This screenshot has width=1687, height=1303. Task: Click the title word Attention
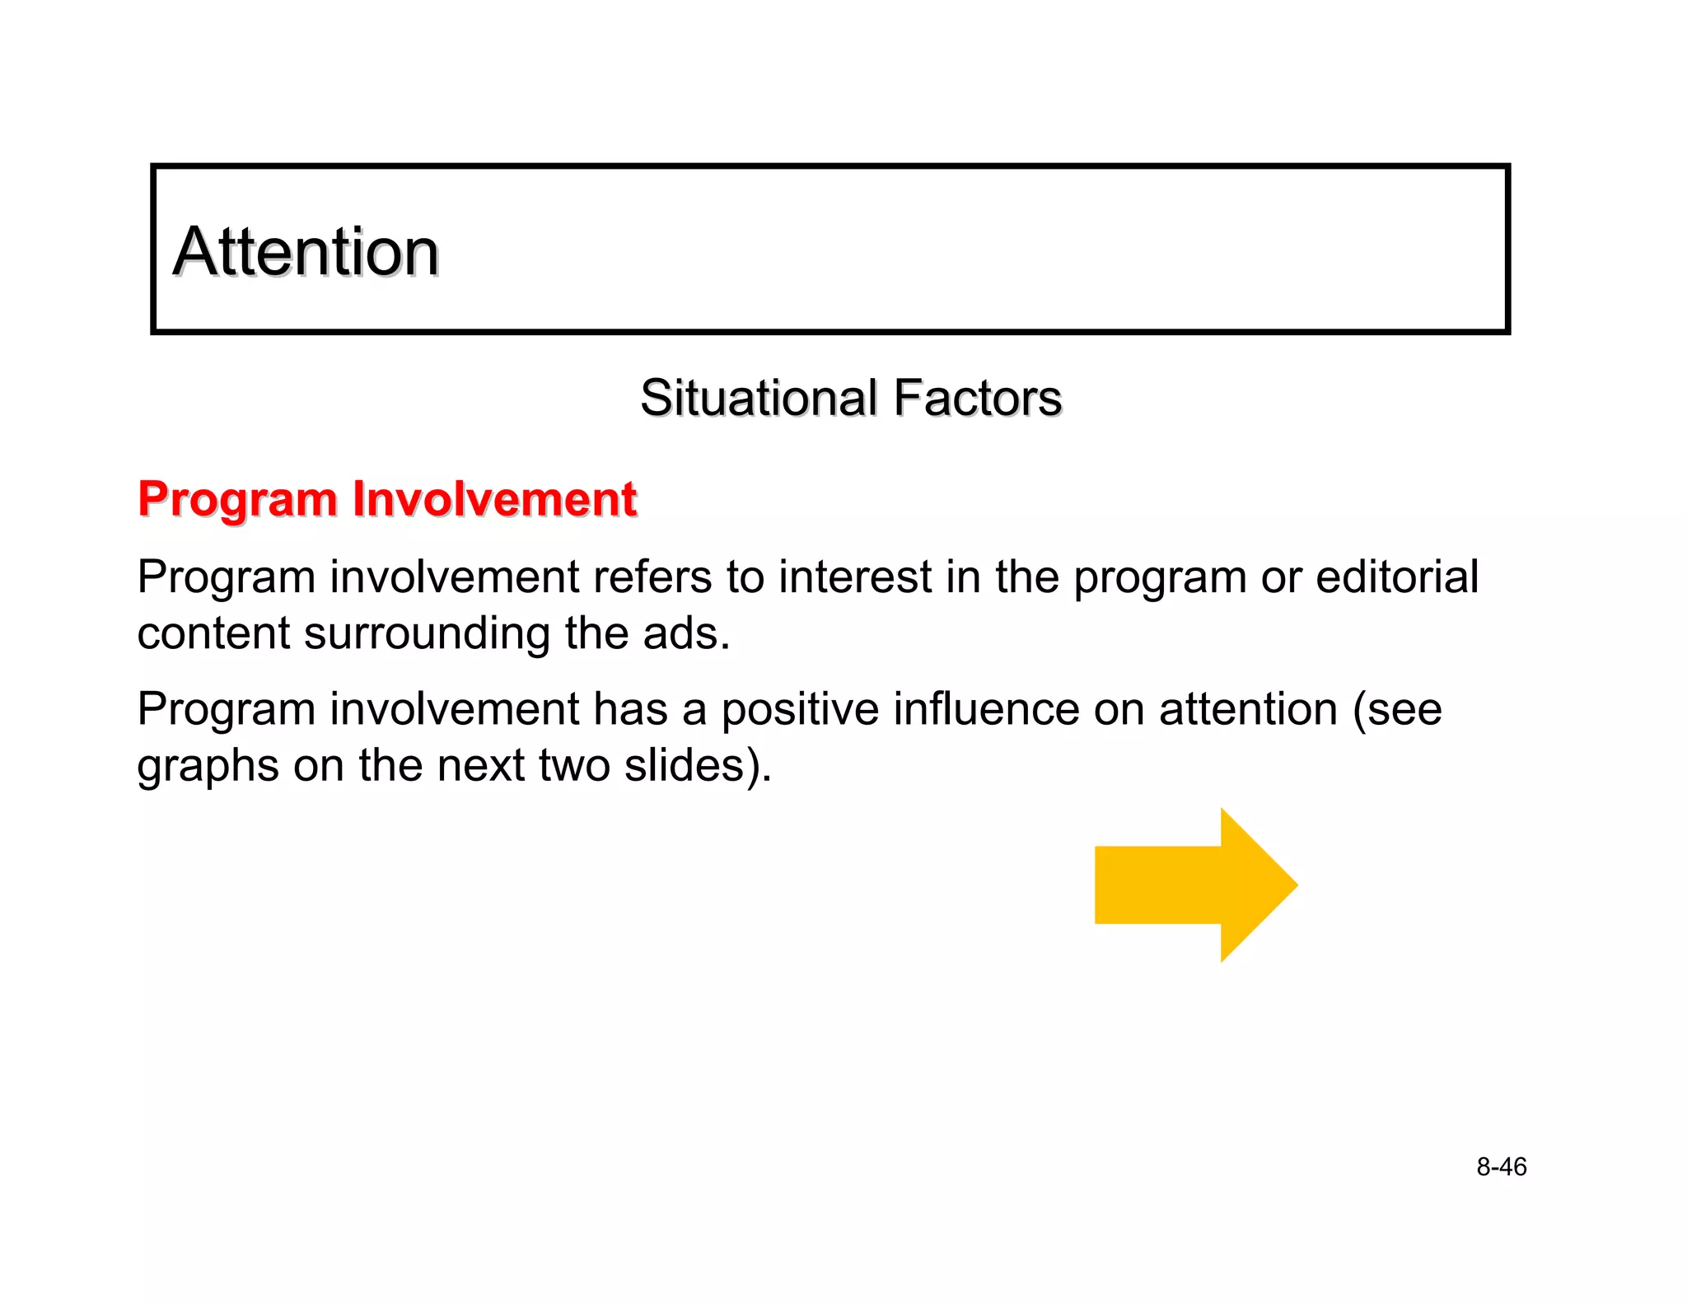pos(306,252)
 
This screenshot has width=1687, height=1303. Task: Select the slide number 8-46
pos(1501,1167)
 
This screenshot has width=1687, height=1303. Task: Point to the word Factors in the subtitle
pos(978,399)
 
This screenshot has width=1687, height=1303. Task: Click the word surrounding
pos(427,634)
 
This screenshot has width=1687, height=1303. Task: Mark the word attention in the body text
pos(1248,709)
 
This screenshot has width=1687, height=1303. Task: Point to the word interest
pos(855,577)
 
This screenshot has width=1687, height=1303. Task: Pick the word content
pos(213,634)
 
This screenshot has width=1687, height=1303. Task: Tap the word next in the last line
pos(480,765)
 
